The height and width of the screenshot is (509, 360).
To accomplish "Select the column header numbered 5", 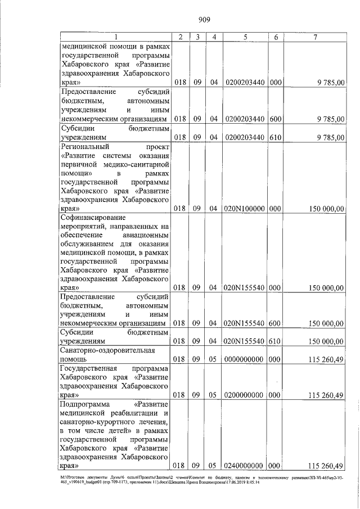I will coord(245,37).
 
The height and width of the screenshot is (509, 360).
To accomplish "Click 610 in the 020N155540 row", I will coord(276,341).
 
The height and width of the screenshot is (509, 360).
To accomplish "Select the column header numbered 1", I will coord(115,37).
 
